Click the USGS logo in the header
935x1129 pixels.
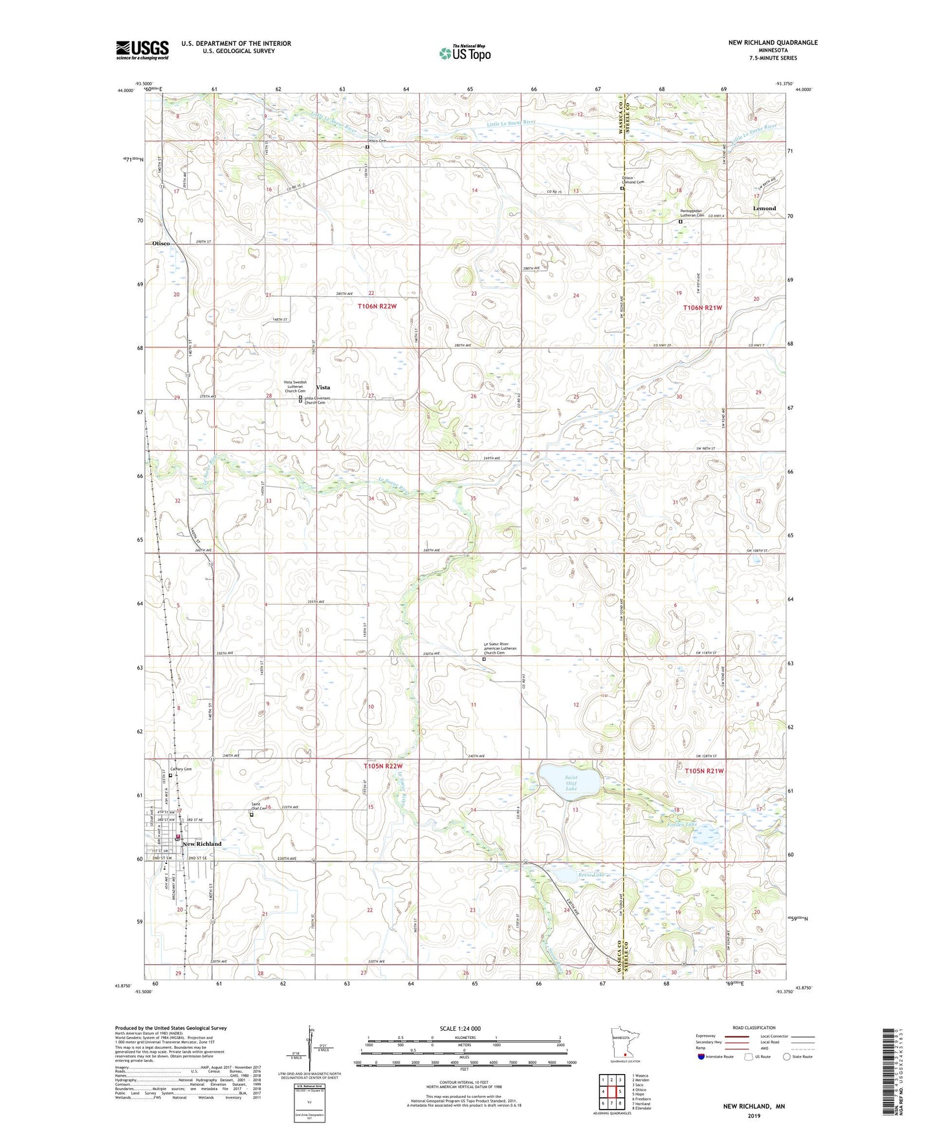pyautogui.click(x=142, y=49)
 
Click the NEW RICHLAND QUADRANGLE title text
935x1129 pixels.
pyautogui.click(x=772, y=43)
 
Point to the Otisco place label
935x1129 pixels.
pyautogui.click(x=161, y=243)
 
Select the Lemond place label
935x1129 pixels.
pyautogui.click(x=764, y=208)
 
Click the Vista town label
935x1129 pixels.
pyautogui.click(x=323, y=387)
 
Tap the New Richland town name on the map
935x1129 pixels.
pyautogui.click(x=202, y=844)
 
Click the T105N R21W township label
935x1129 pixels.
pyautogui.click(x=703, y=771)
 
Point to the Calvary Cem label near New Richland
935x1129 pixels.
pyautogui.click(x=181, y=769)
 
